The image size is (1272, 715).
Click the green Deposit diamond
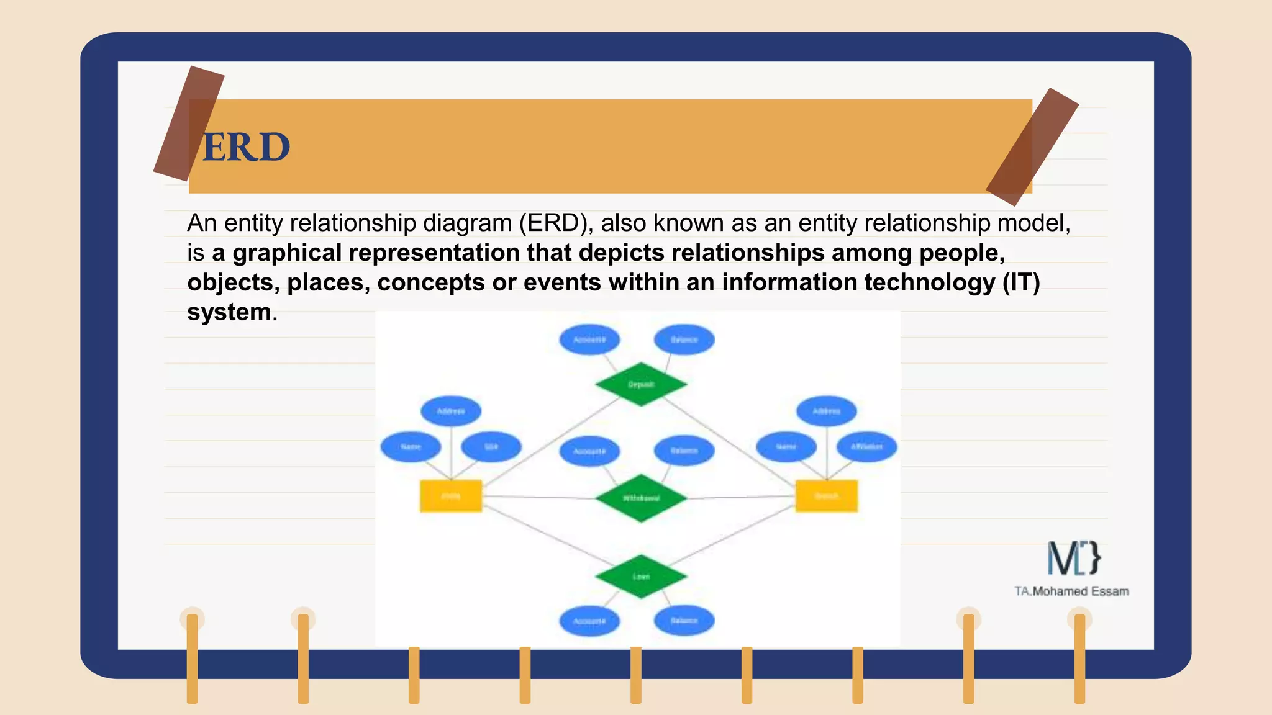(641, 384)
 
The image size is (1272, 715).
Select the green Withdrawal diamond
(641, 498)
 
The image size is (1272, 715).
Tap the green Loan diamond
(641, 576)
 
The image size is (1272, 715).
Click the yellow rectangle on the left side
(451, 496)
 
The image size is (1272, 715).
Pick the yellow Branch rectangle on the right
(827, 496)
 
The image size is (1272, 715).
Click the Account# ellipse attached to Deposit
(589, 340)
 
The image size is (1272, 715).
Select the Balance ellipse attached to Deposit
(684, 340)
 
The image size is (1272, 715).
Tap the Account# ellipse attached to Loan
(589, 621)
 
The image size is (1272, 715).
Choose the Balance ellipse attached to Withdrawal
(684, 451)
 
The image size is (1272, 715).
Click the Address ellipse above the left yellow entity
(451, 411)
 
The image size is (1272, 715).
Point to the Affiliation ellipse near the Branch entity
(866, 447)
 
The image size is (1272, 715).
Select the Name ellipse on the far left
(411, 447)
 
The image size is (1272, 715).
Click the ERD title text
(246, 148)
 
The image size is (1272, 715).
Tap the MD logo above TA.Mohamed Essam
(1073, 557)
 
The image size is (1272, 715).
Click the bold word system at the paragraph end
(229, 312)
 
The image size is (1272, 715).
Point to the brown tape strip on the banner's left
(188, 124)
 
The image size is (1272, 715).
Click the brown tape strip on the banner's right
(1032, 147)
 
